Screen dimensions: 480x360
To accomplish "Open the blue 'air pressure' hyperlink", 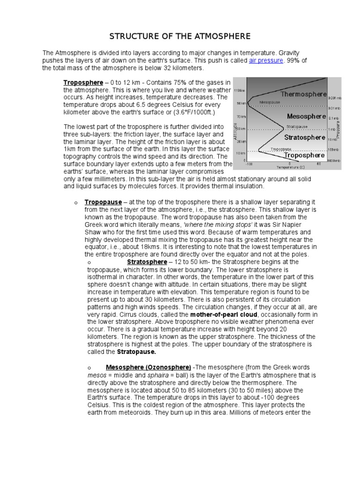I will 266,60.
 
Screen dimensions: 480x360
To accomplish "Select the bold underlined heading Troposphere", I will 83,82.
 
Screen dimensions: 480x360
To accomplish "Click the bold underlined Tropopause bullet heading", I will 103,202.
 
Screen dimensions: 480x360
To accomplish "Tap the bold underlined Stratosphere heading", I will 147,262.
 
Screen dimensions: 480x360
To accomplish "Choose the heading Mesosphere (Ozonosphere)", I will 148,367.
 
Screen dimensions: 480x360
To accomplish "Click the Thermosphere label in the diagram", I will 303,94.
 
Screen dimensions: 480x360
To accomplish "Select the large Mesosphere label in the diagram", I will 306,116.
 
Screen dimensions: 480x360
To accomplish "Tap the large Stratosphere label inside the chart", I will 305,137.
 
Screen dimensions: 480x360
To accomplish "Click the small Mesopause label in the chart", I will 270,101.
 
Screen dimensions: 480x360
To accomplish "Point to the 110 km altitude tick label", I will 240,90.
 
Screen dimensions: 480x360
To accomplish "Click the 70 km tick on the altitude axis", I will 241,116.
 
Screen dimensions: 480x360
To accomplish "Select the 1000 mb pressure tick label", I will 334,161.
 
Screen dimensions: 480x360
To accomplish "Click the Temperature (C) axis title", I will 291,167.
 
